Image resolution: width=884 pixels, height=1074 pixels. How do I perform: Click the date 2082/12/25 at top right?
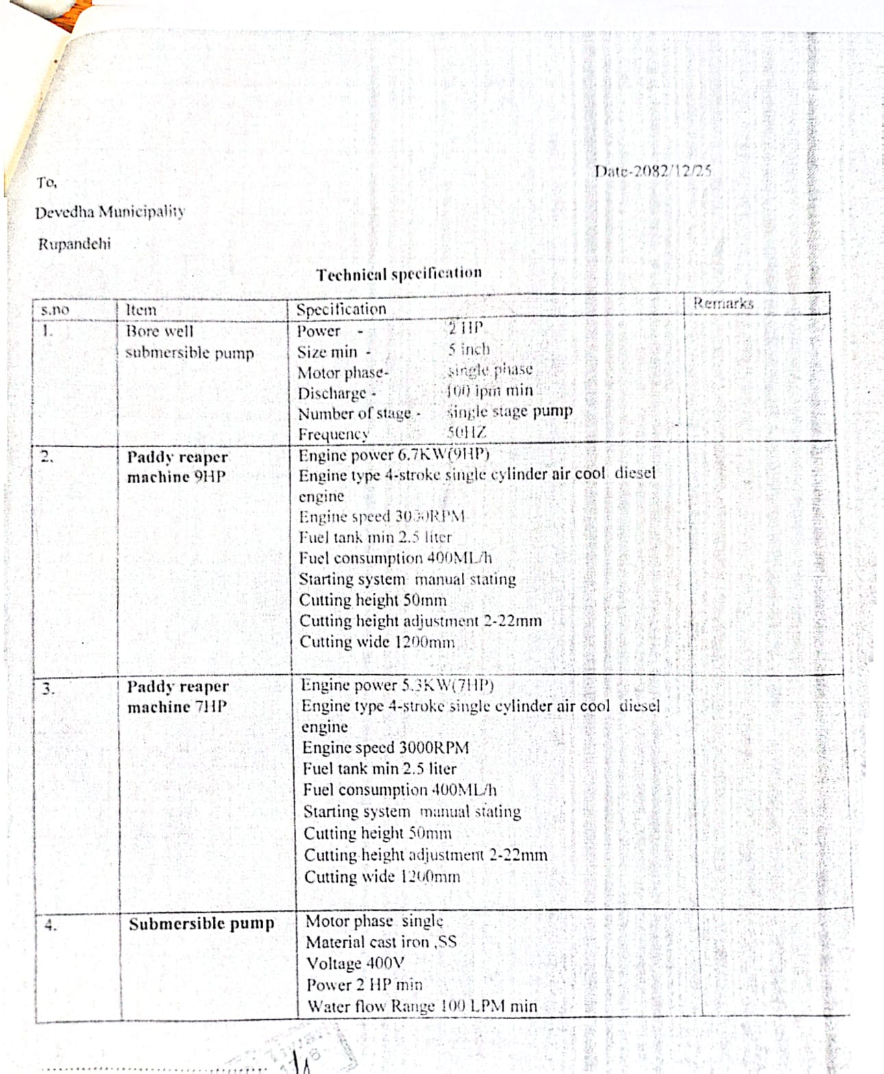652,171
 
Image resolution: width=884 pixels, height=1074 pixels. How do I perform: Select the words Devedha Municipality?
110,212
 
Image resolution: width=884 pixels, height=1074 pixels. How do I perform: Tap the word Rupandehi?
74,244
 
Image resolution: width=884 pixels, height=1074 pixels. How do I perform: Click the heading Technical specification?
399,274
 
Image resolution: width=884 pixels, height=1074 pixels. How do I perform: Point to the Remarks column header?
723,303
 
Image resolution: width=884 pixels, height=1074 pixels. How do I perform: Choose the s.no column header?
55,310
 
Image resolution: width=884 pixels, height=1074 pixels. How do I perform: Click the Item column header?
141,309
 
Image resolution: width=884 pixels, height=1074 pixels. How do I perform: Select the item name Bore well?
160,331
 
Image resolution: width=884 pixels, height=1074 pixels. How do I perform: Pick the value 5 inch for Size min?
469,349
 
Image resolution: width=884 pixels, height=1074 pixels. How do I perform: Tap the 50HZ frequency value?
466,433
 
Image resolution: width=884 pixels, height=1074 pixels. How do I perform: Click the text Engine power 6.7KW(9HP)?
394,455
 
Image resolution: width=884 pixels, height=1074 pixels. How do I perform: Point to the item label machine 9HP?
176,477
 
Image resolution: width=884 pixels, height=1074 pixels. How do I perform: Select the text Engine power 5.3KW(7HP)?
397,685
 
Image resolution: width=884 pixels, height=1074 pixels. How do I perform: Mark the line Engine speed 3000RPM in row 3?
386,748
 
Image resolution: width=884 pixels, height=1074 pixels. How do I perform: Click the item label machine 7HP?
177,707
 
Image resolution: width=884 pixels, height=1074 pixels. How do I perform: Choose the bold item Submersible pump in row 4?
201,924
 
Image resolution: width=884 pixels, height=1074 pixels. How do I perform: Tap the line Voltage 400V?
355,963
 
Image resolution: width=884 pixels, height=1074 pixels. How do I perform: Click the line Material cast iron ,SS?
381,942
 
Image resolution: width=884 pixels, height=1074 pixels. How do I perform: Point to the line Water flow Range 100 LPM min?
421,1006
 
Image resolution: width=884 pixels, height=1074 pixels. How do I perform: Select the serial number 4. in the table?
50,925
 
